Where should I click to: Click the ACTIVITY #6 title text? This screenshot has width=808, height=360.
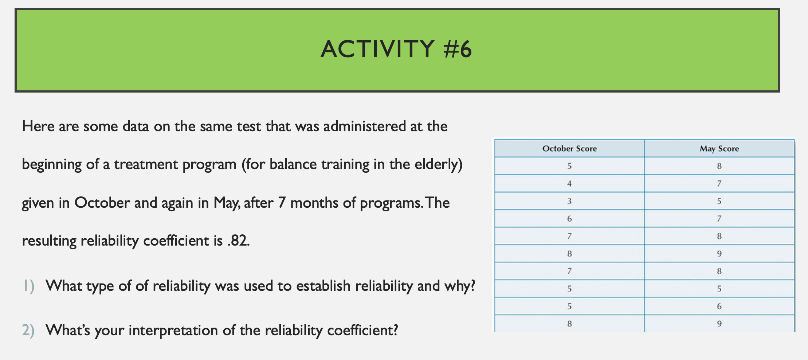[x=396, y=49]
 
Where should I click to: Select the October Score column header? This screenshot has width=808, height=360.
[x=569, y=149]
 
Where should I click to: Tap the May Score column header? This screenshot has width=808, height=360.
[x=719, y=149]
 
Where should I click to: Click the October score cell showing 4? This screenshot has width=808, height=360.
[x=569, y=184]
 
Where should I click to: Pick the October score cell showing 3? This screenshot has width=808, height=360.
[x=569, y=201]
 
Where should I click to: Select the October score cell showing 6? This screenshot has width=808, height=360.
[x=569, y=219]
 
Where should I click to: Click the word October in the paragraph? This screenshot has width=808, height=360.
[x=102, y=203]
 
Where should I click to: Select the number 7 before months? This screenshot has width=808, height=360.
[x=282, y=203]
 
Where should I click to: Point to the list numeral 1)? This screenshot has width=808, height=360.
[x=28, y=286]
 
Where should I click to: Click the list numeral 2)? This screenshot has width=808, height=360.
[x=28, y=330]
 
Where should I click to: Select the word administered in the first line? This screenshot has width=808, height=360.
[x=364, y=126]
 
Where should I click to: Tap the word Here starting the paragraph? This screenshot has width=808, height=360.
[x=38, y=126]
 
